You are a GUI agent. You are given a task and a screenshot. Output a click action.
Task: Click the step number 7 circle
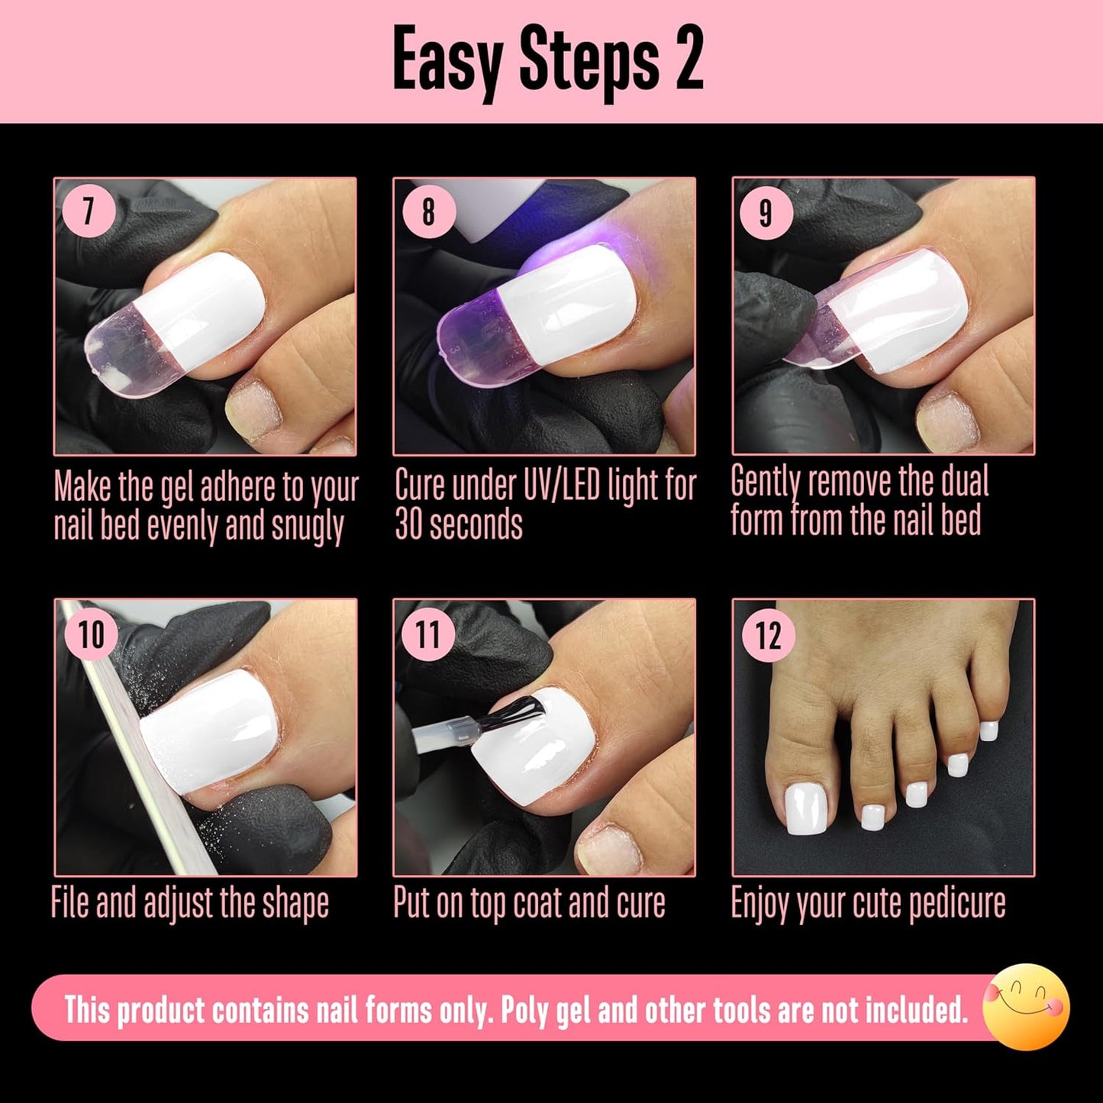89,211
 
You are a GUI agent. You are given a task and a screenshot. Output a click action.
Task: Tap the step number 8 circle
428,211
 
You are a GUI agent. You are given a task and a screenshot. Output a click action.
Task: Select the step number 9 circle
766,213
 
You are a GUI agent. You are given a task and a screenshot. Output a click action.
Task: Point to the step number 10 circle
90,634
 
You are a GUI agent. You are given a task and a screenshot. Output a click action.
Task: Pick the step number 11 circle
428,634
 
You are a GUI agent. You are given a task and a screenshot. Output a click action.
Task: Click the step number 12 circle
768,635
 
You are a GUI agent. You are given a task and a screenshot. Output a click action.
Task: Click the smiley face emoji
1026,1007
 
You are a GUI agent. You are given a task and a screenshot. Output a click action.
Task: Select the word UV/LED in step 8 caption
526,485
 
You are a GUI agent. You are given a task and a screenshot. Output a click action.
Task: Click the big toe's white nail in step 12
806,811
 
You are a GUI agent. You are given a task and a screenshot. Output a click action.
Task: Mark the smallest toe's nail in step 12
989,730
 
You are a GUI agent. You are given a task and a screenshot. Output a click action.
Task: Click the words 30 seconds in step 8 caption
459,524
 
